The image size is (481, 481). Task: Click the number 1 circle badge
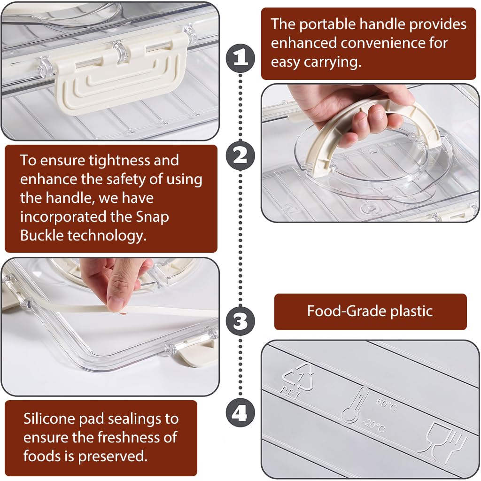pos(240,58)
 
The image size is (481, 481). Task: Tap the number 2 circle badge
pos(240,156)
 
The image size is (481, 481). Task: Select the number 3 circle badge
pos(240,321)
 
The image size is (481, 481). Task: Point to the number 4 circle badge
pos(240,413)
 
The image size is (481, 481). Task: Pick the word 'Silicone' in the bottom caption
pos(49,419)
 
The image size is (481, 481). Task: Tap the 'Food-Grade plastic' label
pos(370,311)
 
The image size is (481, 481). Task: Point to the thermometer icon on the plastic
pos(355,405)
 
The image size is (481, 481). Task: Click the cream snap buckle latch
pos(120,76)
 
